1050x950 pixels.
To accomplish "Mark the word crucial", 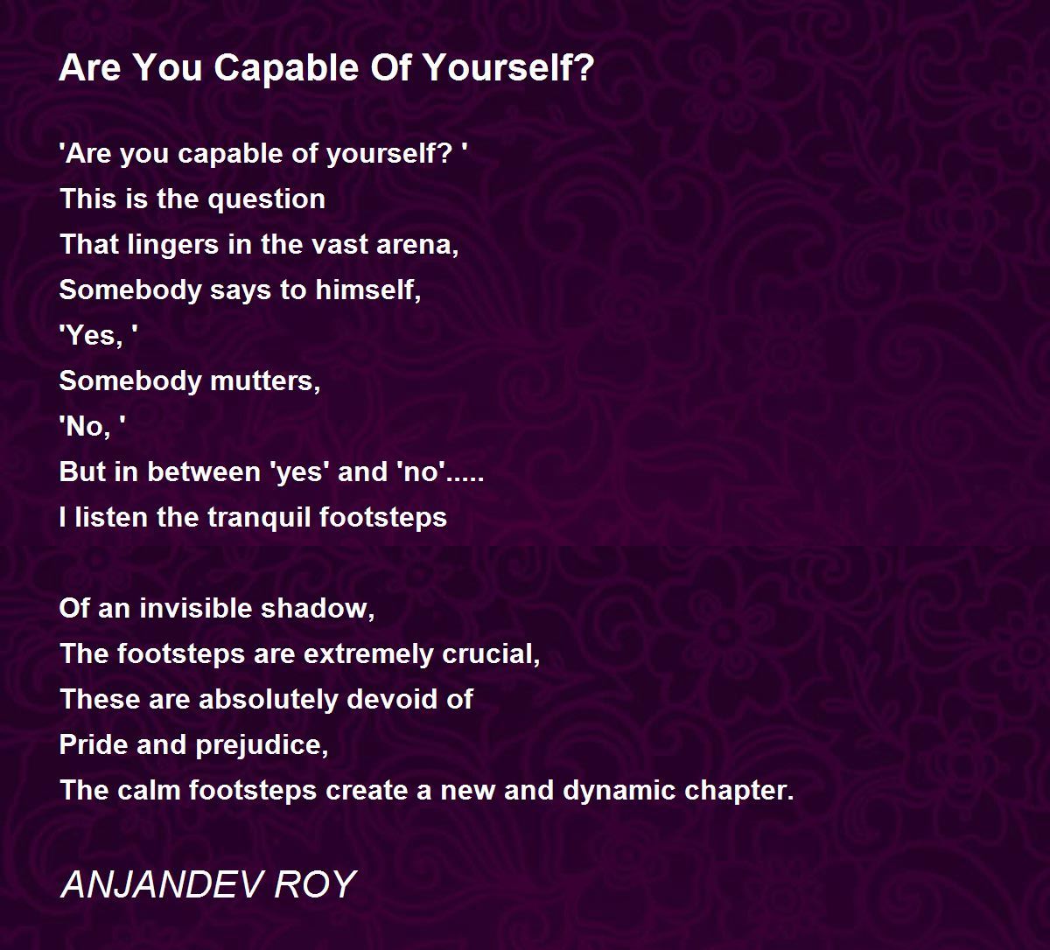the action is pyautogui.click(x=491, y=654).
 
